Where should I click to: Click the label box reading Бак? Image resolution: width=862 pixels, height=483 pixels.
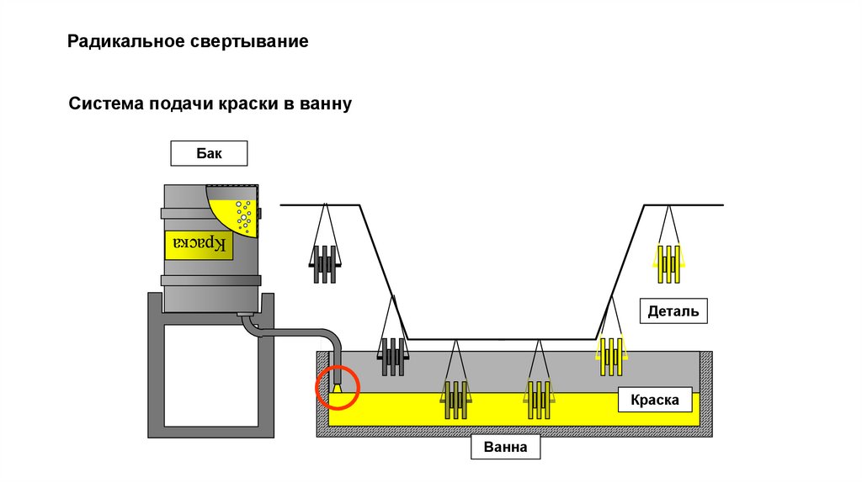[209, 153]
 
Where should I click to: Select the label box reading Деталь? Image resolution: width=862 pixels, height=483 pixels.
[673, 311]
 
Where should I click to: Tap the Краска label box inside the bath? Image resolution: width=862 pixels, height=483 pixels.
[654, 400]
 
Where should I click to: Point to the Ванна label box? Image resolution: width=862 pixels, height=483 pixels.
[505, 447]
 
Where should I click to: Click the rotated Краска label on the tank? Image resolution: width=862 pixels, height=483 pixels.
[196, 244]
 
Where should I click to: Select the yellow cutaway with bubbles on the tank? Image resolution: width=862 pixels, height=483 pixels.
[236, 214]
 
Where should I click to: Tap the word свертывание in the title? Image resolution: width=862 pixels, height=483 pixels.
[262, 41]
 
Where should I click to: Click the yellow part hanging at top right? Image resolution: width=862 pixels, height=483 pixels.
[669, 263]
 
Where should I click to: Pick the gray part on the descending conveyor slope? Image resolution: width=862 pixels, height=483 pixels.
[393, 356]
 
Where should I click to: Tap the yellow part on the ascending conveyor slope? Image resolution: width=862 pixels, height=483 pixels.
[611, 356]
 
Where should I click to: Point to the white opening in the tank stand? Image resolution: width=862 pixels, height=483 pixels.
[211, 374]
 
